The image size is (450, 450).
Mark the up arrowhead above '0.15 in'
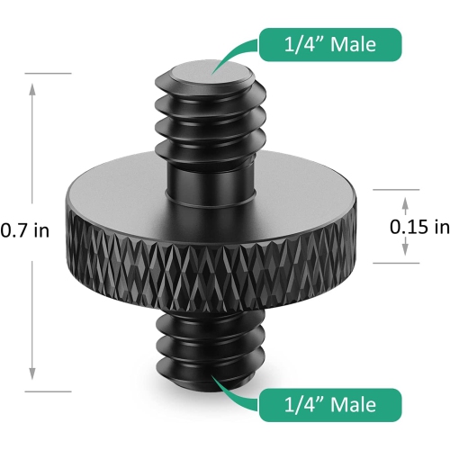click(x=404, y=204)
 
